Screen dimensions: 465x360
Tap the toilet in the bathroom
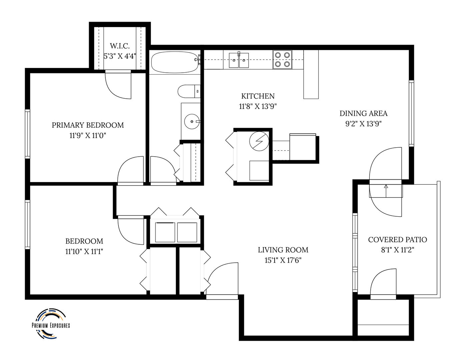coord(189,91)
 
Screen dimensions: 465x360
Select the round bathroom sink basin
coord(192,121)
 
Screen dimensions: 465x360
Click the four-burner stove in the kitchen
coord(282,60)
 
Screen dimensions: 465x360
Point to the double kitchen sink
coord(239,60)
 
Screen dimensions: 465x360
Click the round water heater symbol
coord(259,141)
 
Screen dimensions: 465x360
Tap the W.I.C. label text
coord(120,46)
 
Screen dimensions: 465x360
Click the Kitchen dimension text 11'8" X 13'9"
coord(258,106)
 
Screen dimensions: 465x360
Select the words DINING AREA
coord(364,113)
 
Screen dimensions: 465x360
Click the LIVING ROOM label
coord(283,250)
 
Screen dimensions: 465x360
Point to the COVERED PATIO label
coord(398,240)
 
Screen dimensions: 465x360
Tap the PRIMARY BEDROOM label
coord(88,125)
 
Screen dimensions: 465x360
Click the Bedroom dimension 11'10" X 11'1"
coord(84,252)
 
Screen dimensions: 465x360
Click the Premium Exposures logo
coord(51,324)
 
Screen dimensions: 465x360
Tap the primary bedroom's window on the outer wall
coord(28,134)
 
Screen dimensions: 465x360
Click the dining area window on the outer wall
coord(412,113)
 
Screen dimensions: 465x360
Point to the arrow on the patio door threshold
coord(386,191)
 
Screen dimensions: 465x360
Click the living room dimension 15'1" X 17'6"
coord(283,260)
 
